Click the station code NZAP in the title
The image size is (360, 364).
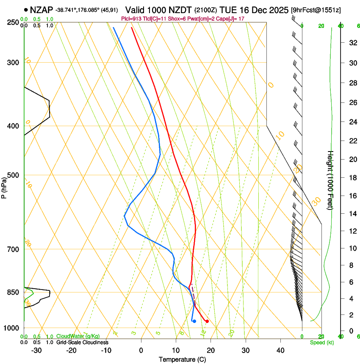click(x=42, y=9)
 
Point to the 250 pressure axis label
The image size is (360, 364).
click(x=13, y=22)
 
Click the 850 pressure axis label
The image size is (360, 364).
click(x=13, y=292)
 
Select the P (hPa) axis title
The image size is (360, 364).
click(x=4, y=186)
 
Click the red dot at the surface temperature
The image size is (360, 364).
click(x=207, y=321)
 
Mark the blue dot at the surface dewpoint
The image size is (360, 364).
click(x=194, y=321)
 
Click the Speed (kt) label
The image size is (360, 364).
click(x=321, y=342)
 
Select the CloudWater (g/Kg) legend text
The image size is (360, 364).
click(x=78, y=336)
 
